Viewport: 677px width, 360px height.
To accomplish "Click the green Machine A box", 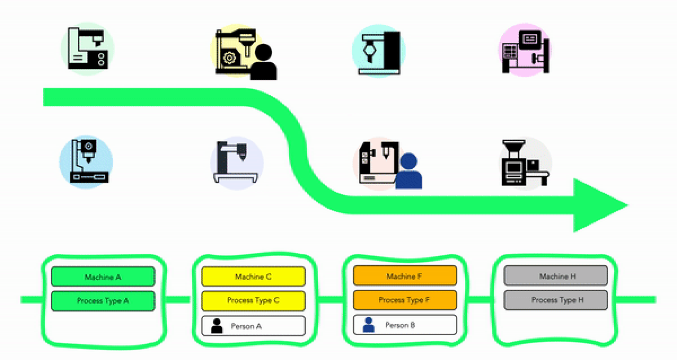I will pyautogui.click(x=103, y=276).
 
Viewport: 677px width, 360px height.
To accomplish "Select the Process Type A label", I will pyautogui.click(x=103, y=301).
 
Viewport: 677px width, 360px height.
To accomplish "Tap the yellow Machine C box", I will pyautogui.click(x=253, y=276).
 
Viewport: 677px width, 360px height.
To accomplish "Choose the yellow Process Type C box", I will pyautogui.click(x=253, y=300).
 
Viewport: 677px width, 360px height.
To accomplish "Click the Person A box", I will pyautogui.click(x=253, y=326).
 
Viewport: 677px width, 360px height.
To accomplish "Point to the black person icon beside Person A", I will pyautogui.click(x=217, y=326).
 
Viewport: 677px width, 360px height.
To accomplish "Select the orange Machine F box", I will pyautogui.click(x=405, y=276).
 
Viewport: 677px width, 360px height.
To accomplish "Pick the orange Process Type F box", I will pyautogui.click(x=405, y=300).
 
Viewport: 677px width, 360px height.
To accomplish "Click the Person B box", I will pyautogui.click(x=405, y=325).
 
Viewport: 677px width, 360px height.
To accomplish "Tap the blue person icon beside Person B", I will pyautogui.click(x=369, y=324).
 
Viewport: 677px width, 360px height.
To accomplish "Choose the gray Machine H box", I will pyautogui.click(x=556, y=276).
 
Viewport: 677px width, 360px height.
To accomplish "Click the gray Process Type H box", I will pyautogui.click(x=556, y=300).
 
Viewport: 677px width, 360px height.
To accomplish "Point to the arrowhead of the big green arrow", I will pyautogui.click(x=598, y=205).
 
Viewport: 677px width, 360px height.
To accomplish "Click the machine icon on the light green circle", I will pyautogui.click(x=87, y=49).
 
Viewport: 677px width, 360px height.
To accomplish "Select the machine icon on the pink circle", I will pyautogui.click(x=525, y=49).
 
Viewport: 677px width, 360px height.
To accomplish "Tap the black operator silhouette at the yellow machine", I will pyautogui.click(x=263, y=63).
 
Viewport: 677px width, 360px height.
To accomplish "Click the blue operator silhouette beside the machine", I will pyautogui.click(x=408, y=172).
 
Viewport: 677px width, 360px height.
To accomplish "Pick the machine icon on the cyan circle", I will pyautogui.click(x=379, y=51).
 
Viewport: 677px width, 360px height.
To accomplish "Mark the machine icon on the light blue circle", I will pyautogui.click(x=88, y=161).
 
